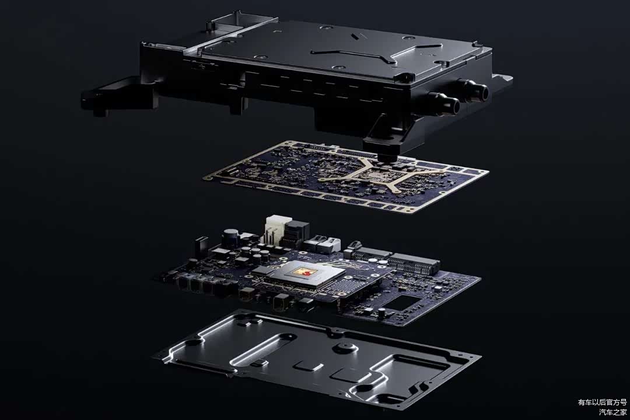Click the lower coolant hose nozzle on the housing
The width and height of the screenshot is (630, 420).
point(444,103)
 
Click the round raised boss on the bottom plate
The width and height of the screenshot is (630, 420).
point(344,348)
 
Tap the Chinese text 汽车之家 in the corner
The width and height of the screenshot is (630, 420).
point(612,412)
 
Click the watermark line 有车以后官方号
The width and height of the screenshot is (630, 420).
point(602,402)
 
